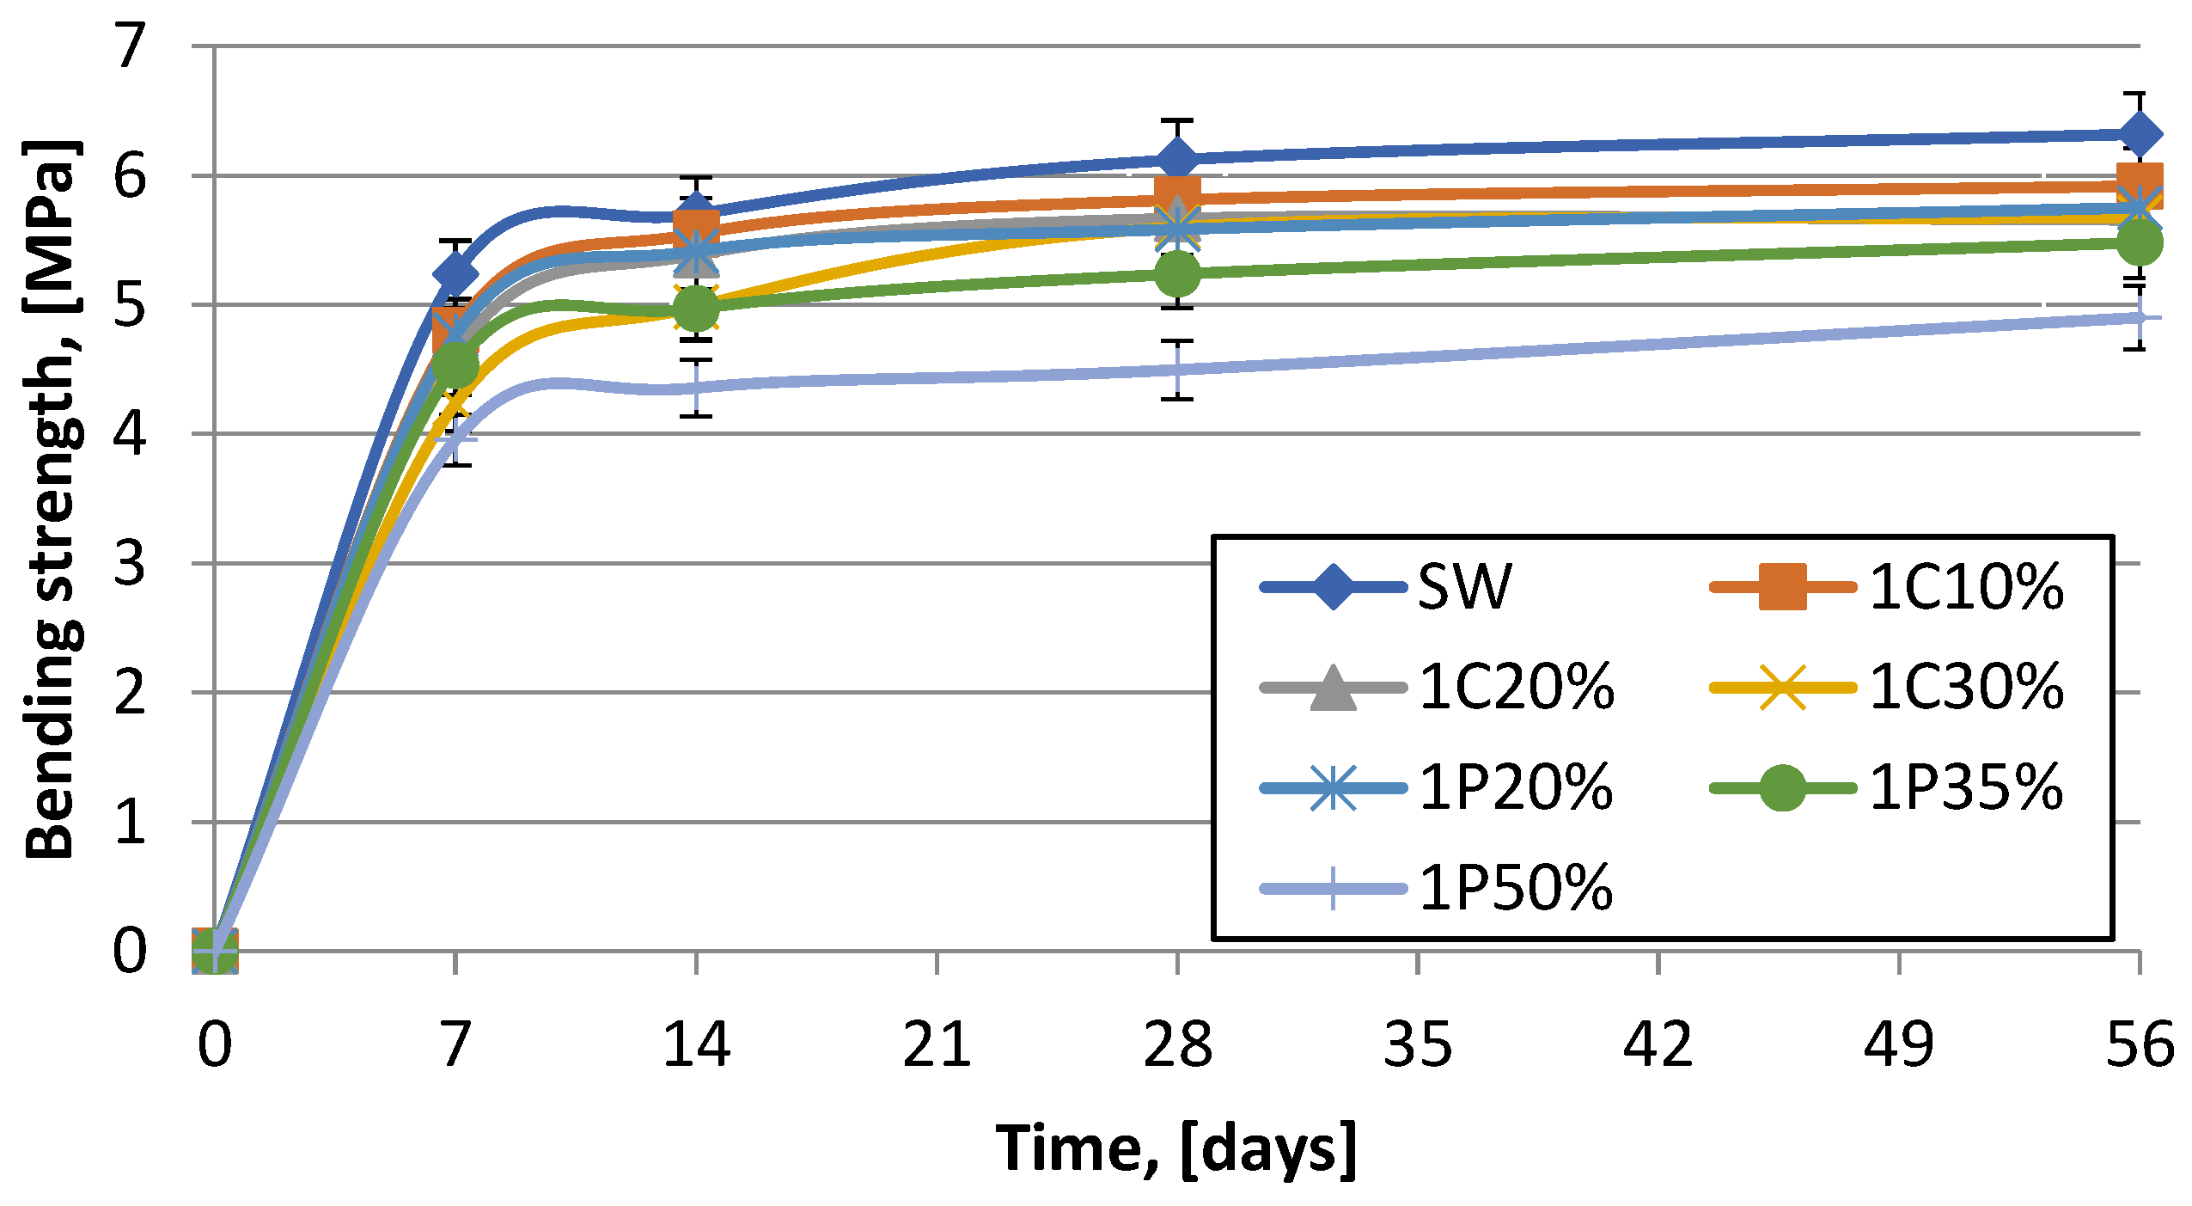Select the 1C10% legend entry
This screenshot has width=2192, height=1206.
1887,587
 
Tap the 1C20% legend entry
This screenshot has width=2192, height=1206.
1437,688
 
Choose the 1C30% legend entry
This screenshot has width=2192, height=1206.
1887,688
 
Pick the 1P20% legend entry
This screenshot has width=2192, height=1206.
1437,787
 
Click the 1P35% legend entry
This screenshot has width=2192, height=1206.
1887,787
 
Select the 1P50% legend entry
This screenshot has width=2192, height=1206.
1437,888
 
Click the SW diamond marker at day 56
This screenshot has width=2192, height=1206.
2139,134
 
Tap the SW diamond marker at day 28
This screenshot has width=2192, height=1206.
1177,160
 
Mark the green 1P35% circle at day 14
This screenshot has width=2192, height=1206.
696,308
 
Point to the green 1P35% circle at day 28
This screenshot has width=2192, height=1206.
1177,273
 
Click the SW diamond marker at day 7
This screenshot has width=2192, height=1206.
455,274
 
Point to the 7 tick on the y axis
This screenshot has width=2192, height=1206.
130,46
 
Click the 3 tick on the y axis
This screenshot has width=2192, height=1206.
130,564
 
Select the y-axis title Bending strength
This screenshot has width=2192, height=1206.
53,499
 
